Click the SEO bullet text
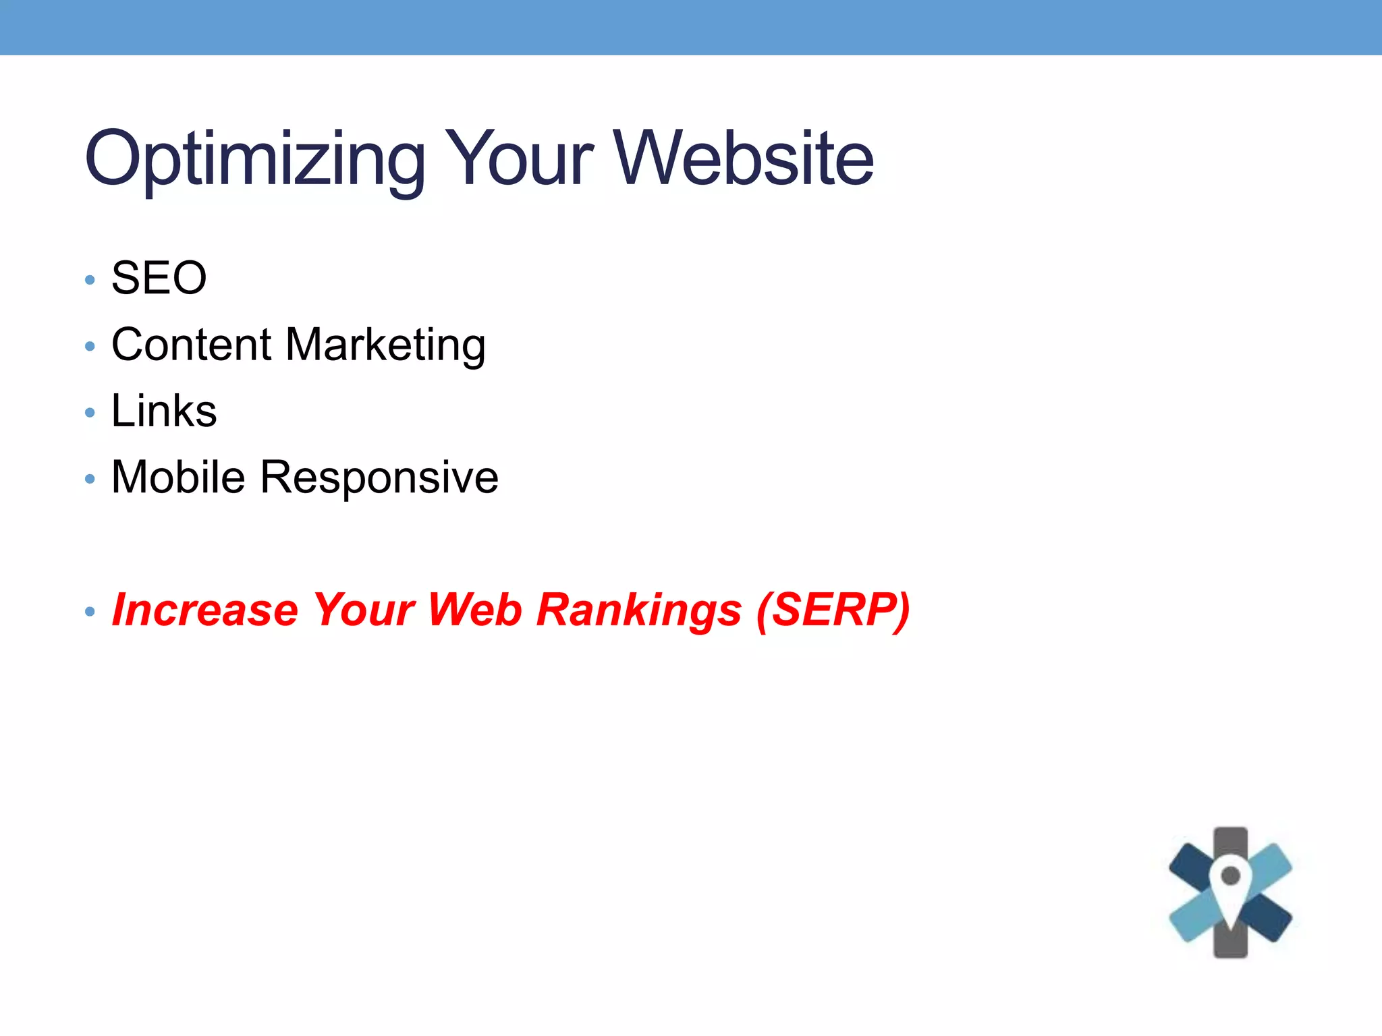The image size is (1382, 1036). [x=159, y=278]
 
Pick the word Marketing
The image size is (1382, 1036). [x=385, y=346]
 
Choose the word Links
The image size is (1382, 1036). [x=164, y=411]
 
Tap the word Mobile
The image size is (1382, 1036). [x=178, y=478]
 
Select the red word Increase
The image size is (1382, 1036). [x=204, y=610]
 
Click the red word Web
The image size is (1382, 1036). [x=475, y=610]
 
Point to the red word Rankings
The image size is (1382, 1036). [x=639, y=611]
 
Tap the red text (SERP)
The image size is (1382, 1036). [x=833, y=611]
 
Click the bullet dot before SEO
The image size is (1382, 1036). [x=90, y=279]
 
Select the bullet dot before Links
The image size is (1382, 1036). [x=90, y=412]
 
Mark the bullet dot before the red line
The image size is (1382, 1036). [x=90, y=612]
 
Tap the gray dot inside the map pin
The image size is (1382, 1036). [x=1230, y=875]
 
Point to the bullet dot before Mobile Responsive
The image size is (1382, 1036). [x=90, y=479]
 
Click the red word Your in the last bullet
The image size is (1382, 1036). [x=364, y=610]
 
